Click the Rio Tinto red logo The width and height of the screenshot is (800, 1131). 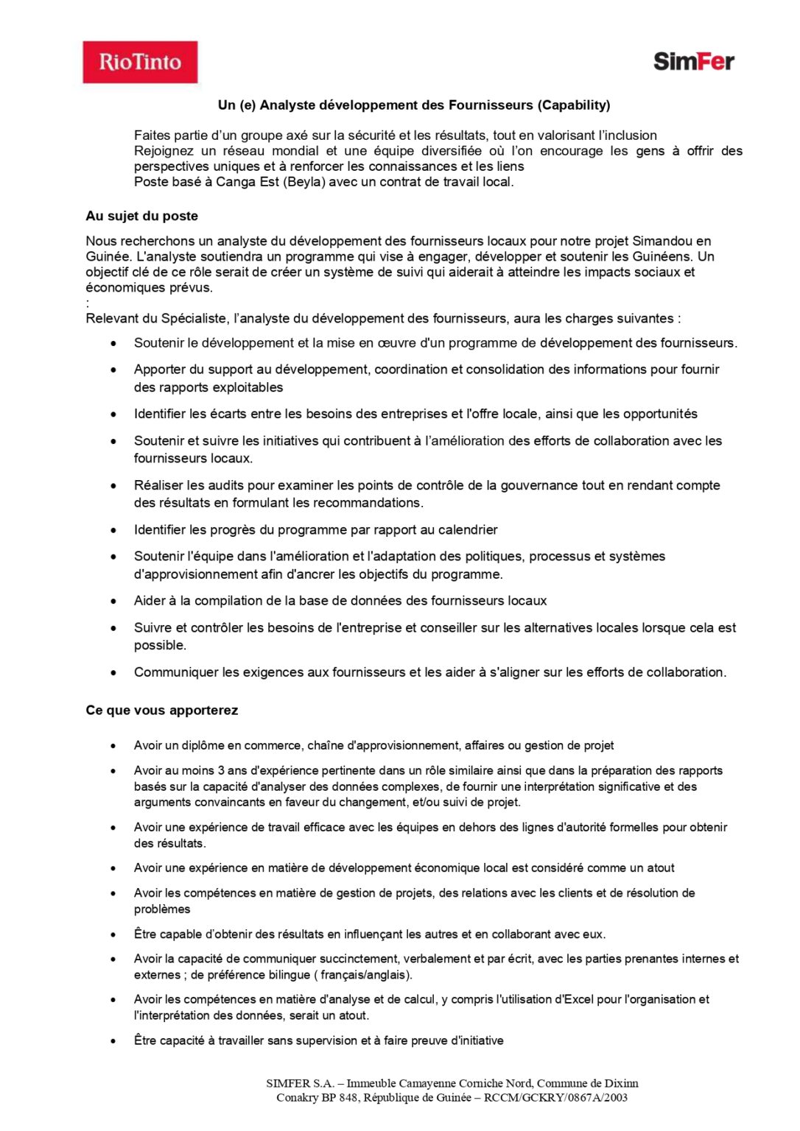click(140, 62)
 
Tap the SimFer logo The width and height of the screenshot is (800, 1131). click(693, 61)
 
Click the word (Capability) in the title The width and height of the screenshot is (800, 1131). click(574, 105)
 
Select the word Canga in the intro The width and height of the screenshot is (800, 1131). click(235, 182)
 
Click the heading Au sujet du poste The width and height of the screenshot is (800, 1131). click(141, 216)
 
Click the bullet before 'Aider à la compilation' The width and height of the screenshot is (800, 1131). click(113, 601)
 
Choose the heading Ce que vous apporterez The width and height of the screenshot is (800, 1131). click(161, 711)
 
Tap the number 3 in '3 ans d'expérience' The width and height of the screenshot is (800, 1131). click(221, 770)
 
